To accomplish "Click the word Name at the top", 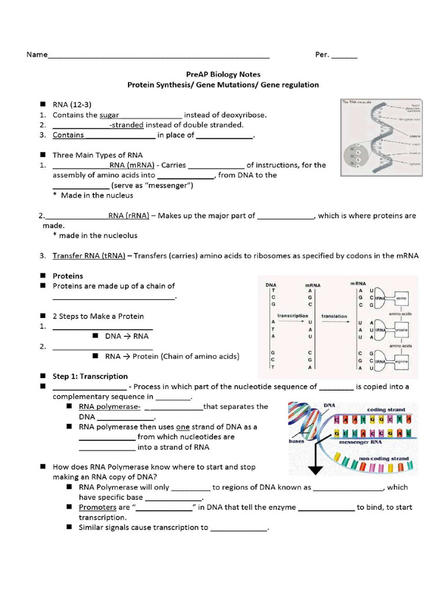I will click(37, 55).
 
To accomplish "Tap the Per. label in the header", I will click(322, 55).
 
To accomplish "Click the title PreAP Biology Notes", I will click(223, 74).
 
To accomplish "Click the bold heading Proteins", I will click(68, 276).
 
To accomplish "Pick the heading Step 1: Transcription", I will click(90, 376).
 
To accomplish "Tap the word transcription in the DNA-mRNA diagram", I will click(293, 316).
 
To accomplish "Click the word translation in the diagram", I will click(334, 316).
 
